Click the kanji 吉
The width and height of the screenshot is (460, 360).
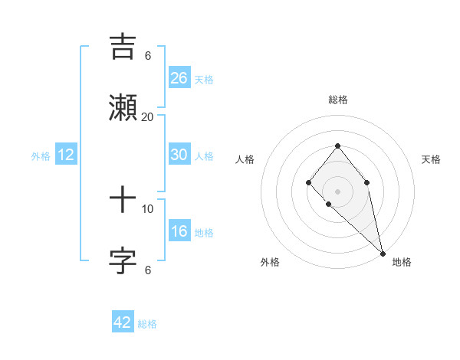(123, 47)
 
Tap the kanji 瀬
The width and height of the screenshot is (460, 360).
(123, 108)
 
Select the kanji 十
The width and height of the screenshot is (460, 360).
(123, 201)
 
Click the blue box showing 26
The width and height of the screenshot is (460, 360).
(179, 78)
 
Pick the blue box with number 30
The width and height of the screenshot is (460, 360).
(179, 155)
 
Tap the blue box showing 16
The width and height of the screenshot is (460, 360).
(179, 231)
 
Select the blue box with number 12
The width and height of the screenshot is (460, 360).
(66, 155)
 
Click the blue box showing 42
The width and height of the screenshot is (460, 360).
(123, 322)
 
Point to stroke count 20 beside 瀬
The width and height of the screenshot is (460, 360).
(148, 116)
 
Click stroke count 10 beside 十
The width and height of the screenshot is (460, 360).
(148, 208)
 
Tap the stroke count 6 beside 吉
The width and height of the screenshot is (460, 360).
(148, 55)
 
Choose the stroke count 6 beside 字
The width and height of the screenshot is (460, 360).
(148, 270)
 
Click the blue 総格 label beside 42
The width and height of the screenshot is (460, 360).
(147, 324)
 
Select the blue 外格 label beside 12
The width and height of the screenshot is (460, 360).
(41, 156)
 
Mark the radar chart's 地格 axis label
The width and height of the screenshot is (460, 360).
(402, 262)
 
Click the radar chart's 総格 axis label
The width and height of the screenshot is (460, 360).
(337, 100)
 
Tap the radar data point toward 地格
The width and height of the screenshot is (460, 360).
(383, 253)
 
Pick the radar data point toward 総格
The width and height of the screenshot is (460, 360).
(337, 146)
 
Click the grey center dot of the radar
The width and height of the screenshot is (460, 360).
(337, 191)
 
